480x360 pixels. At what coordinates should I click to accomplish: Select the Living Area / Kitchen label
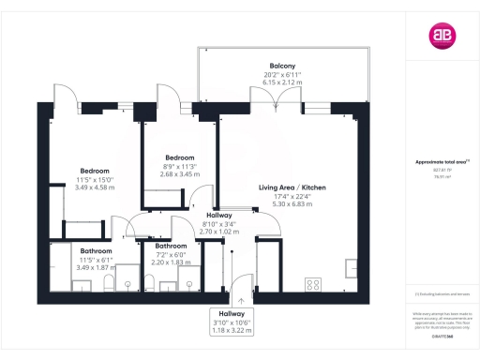292,188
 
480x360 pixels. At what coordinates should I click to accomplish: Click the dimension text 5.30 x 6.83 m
292,203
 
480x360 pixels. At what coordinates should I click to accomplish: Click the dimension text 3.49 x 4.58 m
95,187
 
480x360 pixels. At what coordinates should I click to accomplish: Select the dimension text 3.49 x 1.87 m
96,267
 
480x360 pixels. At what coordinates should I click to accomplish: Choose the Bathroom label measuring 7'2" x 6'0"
170,247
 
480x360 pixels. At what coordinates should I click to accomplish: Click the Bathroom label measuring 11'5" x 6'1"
96,251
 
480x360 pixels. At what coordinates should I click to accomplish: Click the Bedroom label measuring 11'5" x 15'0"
95,171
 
